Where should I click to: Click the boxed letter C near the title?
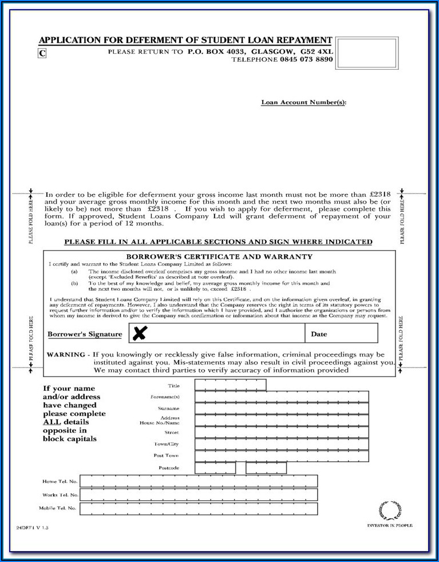coord(42,53)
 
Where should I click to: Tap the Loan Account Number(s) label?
coord(303,102)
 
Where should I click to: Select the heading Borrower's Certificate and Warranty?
coord(219,257)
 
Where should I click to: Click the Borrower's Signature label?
coord(85,334)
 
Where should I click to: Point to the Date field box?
coord(341,333)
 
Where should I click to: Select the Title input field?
coord(230,385)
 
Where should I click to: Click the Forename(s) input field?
coord(281,397)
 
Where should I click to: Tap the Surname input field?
coord(281,409)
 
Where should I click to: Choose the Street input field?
coord(281,433)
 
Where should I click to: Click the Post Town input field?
coord(281,456)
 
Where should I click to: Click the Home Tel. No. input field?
coord(198,481)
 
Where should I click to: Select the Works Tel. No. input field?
coord(198,495)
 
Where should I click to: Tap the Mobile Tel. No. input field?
coord(198,508)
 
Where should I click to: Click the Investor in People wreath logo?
coord(390,510)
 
